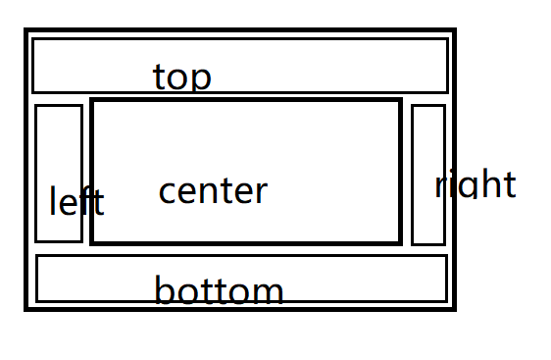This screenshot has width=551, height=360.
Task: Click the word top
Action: (x=182, y=77)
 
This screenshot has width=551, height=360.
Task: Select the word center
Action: (x=213, y=191)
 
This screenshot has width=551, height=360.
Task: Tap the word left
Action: (x=76, y=200)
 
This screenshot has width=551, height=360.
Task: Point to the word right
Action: (x=476, y=184)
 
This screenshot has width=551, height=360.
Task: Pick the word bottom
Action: (x=219, y=290)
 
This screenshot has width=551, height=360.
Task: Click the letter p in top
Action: (x=200, y=80)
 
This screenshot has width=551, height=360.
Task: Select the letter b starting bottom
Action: (x=164, y=290)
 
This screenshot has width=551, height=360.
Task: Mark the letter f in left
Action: (x=85, y=200)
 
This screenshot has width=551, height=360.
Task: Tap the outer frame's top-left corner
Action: (x=26, y=29)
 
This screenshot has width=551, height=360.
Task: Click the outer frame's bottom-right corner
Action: (x=454, y=309)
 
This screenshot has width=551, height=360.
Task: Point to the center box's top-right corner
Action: (x=400, y=100)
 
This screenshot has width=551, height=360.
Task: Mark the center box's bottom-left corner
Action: (x=92, y=243)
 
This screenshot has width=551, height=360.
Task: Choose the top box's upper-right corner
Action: (x=448, y=38)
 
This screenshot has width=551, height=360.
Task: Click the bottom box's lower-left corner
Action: (x=36, y=301)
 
